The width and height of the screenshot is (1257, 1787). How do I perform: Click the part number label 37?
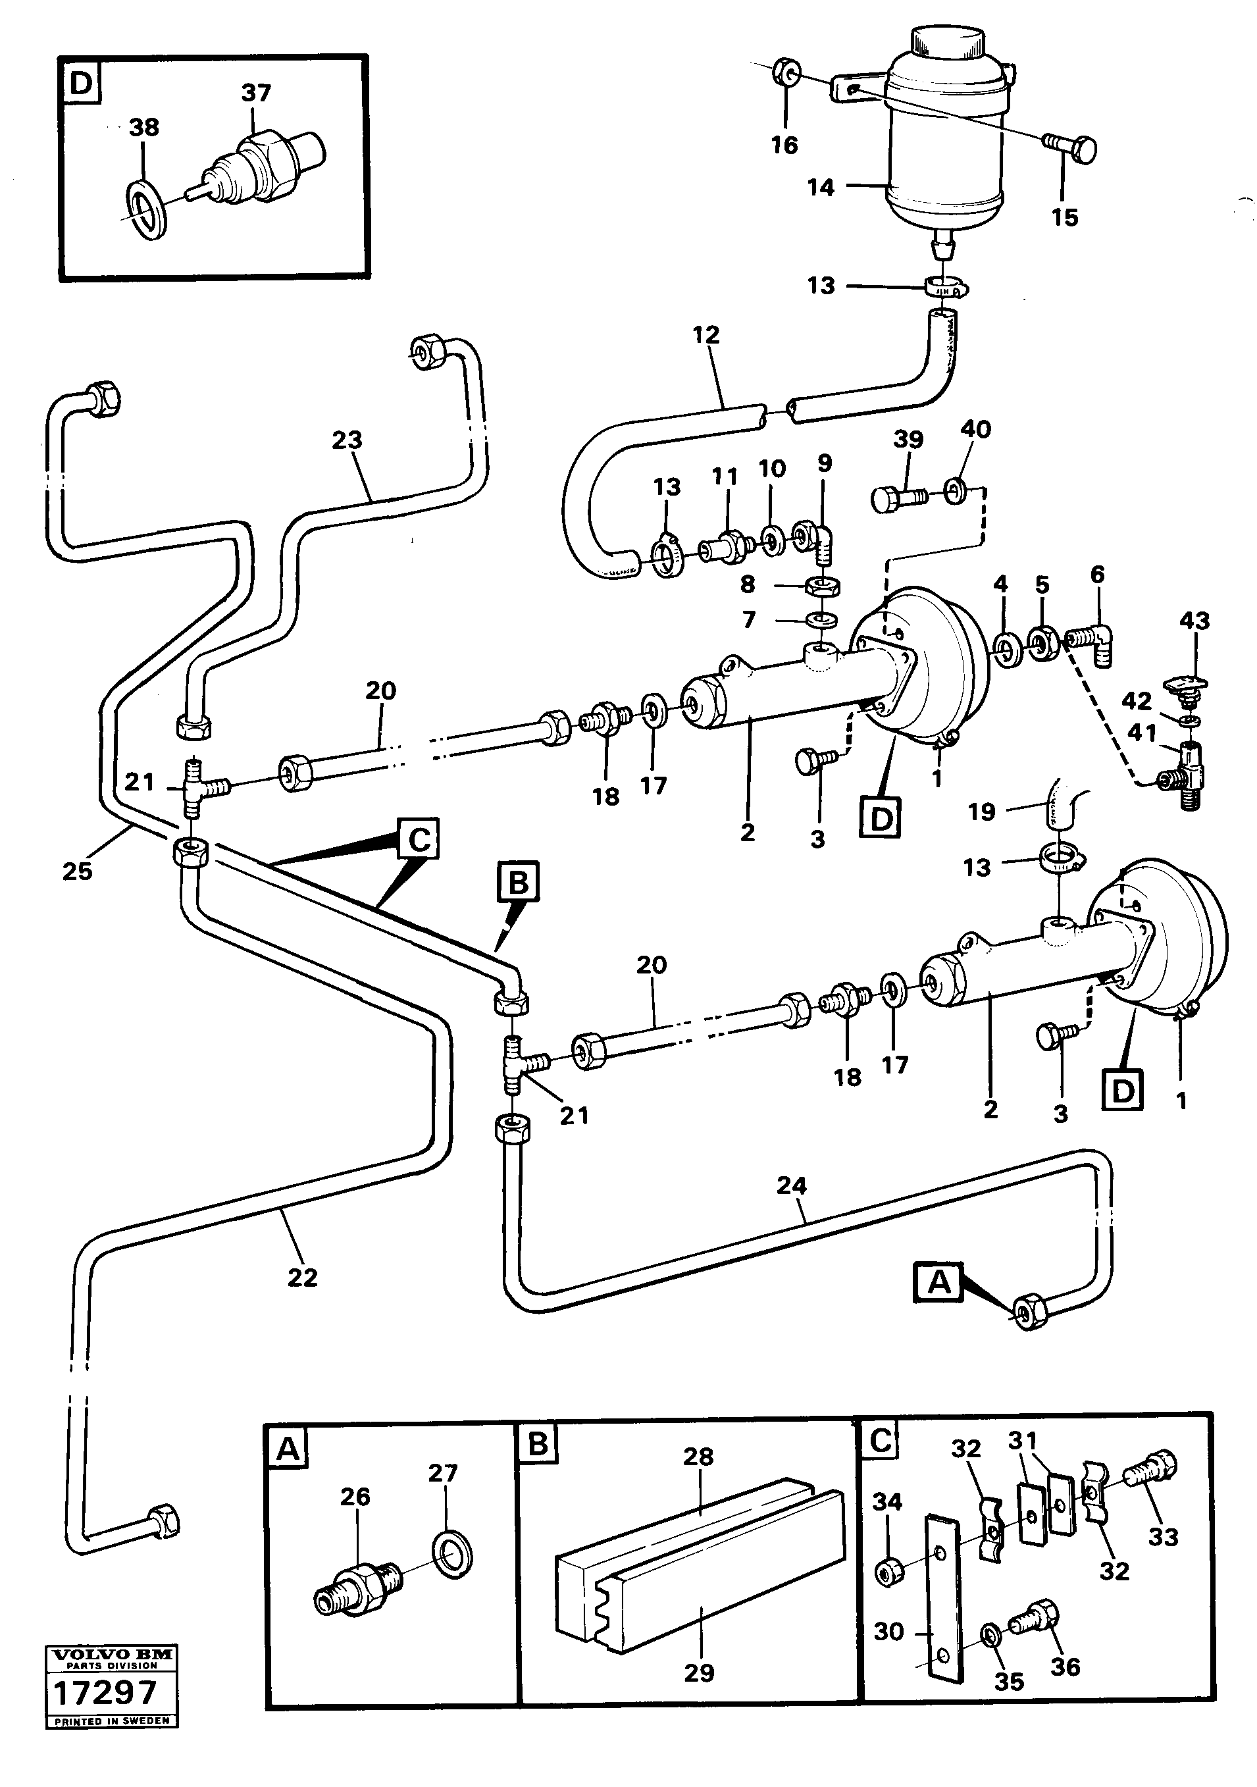tap(255, 93)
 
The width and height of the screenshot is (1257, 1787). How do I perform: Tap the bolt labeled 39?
tap(900, 498)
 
